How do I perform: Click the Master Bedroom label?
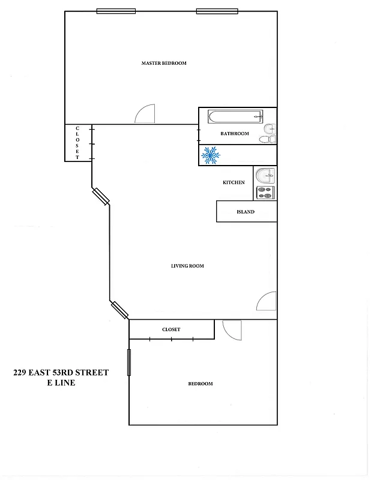[164, 63]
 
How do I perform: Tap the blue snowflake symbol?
[210, 156]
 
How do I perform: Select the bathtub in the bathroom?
[235, 116]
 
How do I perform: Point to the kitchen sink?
[265, 176]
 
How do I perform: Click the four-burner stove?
[265, 193]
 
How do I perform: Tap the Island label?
[246, 212]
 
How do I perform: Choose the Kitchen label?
[234, 182]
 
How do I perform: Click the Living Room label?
[187, 266]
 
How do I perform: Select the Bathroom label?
[234, 134]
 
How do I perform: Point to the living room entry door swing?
[267, 301]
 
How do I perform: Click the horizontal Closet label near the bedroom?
[171, 330]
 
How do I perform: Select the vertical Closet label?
[77, 143]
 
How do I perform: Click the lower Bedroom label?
[201, 384]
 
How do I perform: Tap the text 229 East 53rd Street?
[61, 373]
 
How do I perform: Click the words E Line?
[61, 383]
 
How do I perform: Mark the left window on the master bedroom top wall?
[116, 11]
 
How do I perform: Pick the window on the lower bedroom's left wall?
[129, 362]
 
